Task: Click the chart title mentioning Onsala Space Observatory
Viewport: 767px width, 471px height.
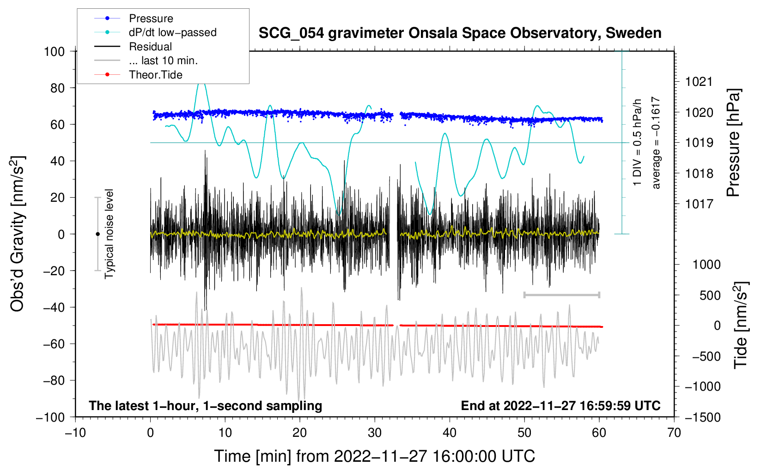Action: pos(460,34)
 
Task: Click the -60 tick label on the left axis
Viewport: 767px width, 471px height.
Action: pos(54,344)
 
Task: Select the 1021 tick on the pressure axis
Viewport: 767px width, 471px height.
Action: pos(699,82)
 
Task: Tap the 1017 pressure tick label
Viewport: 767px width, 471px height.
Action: pos(699,205)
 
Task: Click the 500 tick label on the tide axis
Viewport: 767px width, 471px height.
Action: pos(710,296)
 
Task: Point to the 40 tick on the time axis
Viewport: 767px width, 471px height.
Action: pos(449,433)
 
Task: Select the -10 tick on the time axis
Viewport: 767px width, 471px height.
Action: pos(75,433)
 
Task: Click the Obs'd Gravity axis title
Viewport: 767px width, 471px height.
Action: pos(17,234)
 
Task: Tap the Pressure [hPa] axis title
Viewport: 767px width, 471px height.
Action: pos(733,143)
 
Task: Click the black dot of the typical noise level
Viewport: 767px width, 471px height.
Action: pos(97,234)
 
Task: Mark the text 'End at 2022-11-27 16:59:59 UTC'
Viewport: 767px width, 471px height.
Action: pos(560,406)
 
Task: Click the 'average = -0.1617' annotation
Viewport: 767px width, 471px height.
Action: pos(656,143)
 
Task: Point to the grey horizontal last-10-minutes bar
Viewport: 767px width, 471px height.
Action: pos(561,295)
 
